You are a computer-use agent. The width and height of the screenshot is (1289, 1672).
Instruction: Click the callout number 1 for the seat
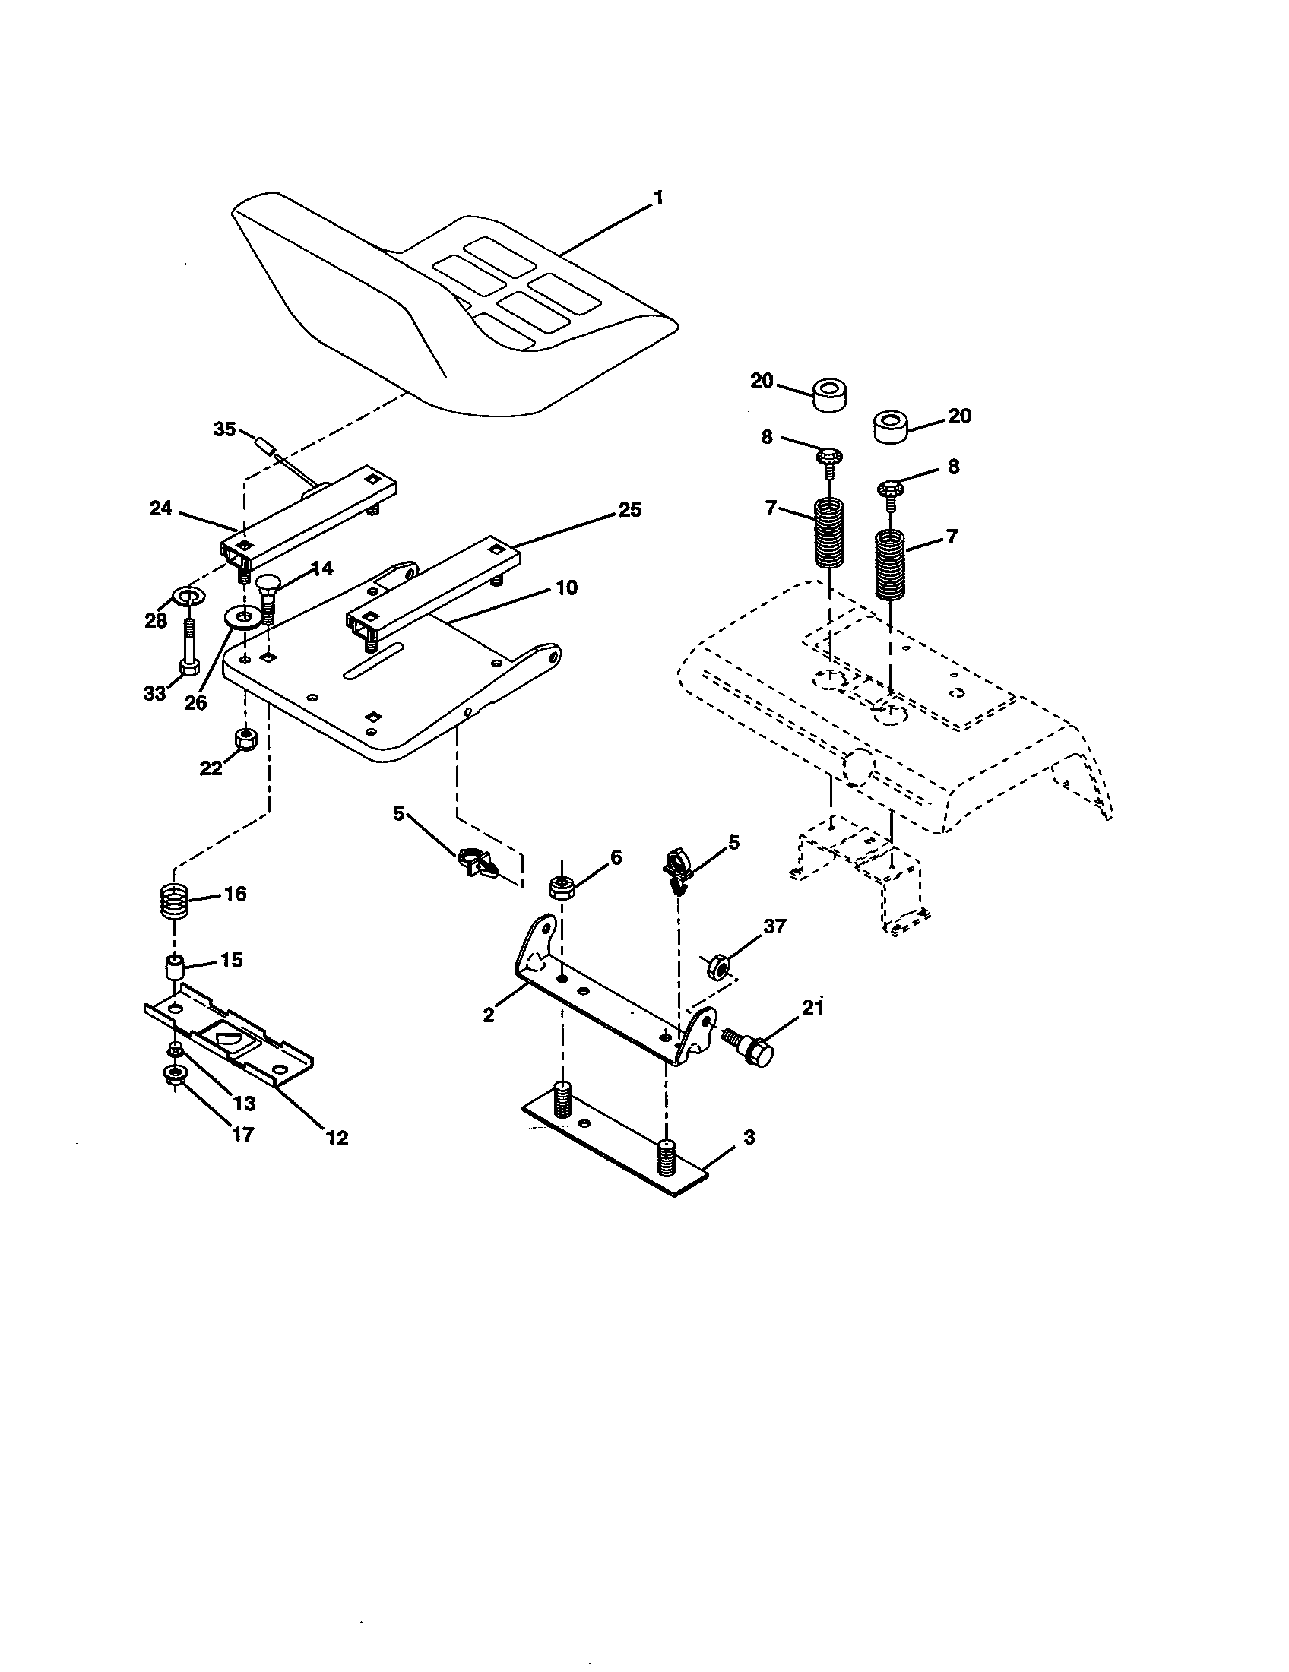[657, 198]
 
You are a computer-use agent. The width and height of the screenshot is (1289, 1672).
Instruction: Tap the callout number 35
[224, 429]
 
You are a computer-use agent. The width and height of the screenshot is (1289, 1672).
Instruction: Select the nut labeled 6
[562, 887]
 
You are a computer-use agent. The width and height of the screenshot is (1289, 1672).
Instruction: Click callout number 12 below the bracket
[337, 1138]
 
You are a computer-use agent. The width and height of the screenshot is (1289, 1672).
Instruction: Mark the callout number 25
[630, 510]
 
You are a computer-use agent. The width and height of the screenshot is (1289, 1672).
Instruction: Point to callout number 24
[160, 508]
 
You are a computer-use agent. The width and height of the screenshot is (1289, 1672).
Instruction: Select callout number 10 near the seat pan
[566, 587]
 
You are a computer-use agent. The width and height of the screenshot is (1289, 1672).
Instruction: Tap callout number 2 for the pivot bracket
[489, 1015]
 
